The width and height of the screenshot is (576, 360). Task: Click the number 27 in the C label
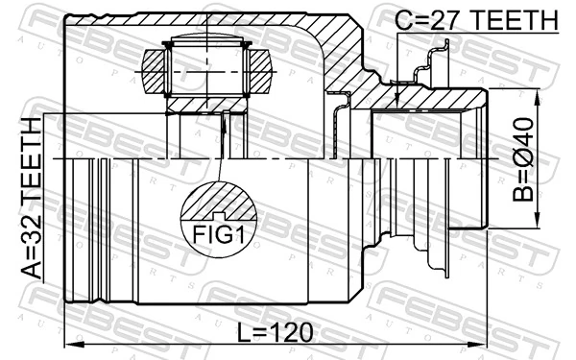450,20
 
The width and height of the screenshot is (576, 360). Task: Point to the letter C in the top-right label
405,20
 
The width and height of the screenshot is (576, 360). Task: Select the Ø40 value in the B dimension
523,139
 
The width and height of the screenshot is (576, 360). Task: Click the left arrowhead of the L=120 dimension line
70,345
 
